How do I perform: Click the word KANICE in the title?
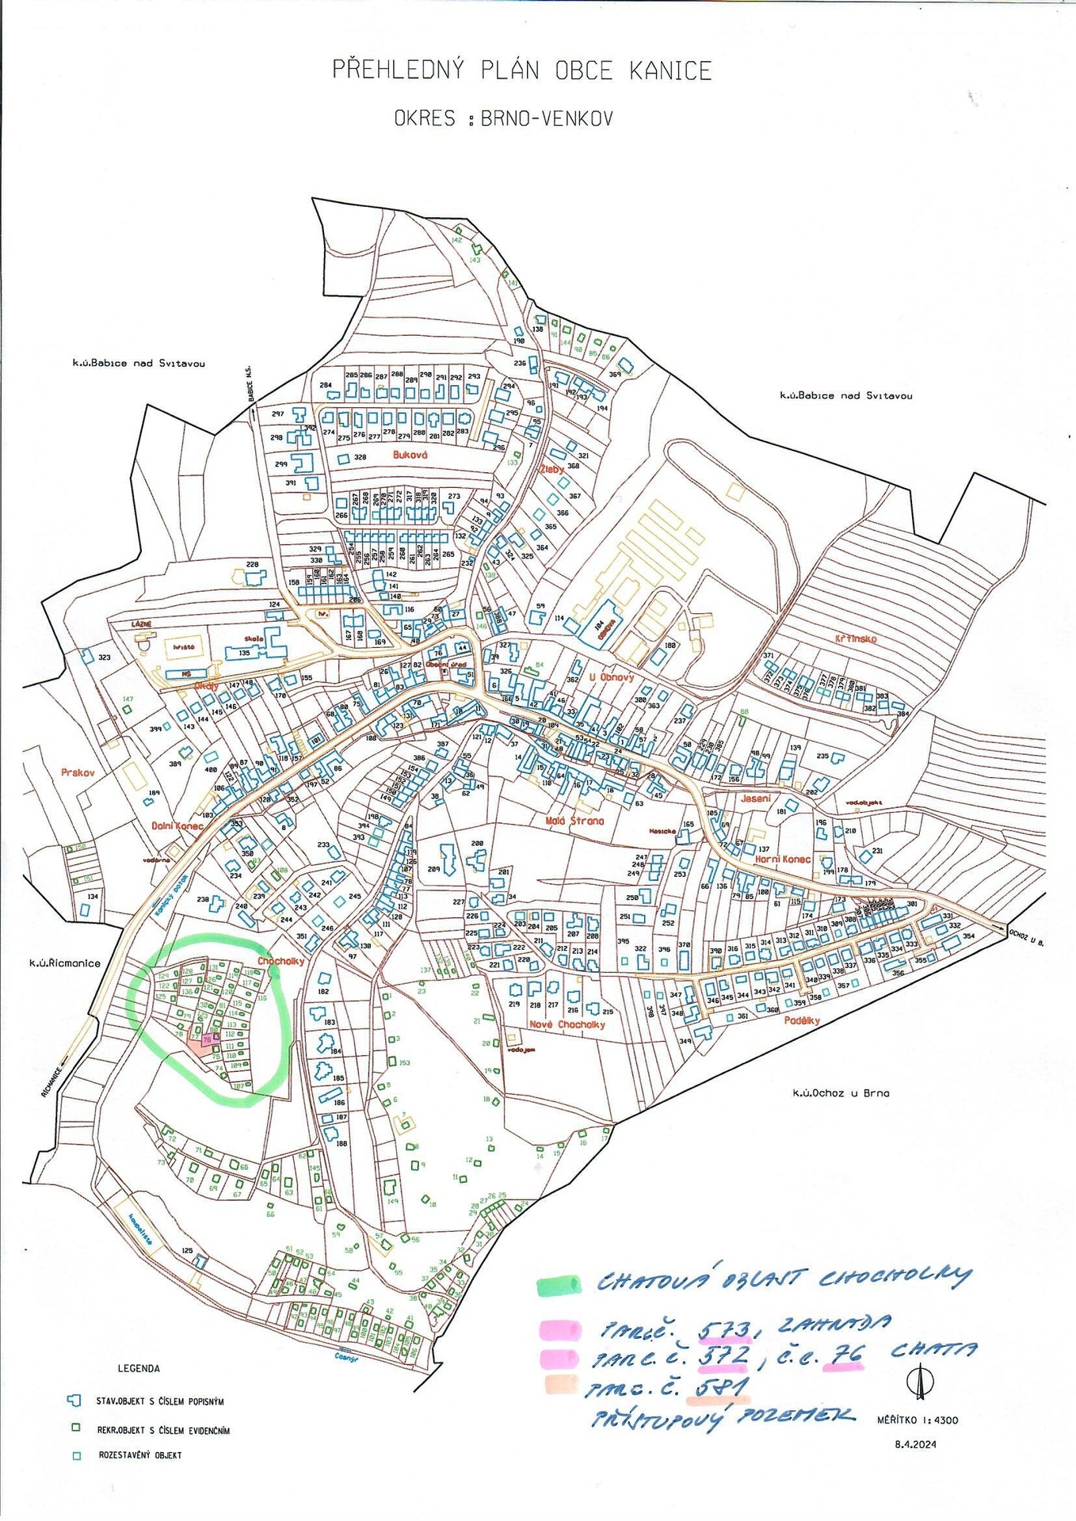pyautogui.click(x=670, y=71)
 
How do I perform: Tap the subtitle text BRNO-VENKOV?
pyautogui.click(x=547, y=119)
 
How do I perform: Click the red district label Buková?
pyautogui.click(x=410, y=456)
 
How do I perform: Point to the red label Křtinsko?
pyautogui.click(x=856, y=639)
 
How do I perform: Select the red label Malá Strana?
pyautogui.click(x=574, y=821)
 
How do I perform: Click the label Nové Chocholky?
pyautogui.click(x=567, y=1024)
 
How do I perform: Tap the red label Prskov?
pyautogui.click(x=78, y=772)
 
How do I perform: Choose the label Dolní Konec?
pyautogui.click(x=177, y=826)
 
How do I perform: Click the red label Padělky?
pyautogui.click(x=802, y=1020)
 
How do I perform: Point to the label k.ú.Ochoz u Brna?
pyautogui.click(x=841, y=1093)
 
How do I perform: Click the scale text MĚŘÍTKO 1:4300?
pyautogui.click(x=918, y=1420)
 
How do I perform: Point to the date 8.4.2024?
pyautogui.click(x=915, y=1444)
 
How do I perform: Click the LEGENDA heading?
pyautogui.click(x=139, y=1368)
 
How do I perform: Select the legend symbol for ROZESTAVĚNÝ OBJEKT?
pyautogui.click(x=76, y=1456)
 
